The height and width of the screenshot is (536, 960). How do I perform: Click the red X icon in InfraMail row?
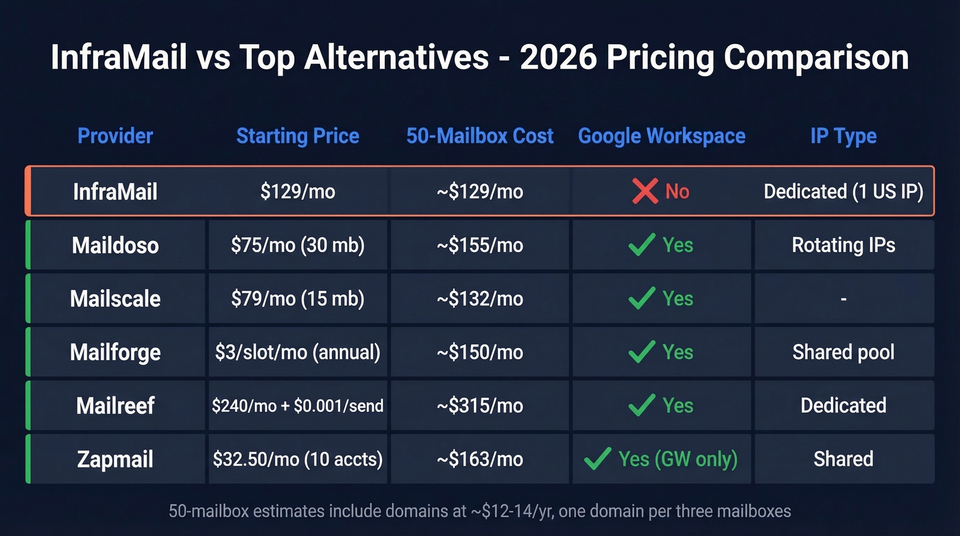click(645, 191)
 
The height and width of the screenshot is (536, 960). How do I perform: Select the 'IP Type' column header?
click(843, 136)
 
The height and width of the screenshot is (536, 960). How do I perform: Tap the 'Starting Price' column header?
click(298, 136)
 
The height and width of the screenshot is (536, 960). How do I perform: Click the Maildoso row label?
click(115, 245)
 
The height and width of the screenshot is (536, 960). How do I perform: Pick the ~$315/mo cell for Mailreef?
click(480, 406)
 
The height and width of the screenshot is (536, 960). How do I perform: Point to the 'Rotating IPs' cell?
click(843, 245)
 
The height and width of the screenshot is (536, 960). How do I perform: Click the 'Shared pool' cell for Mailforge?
click(843, 352)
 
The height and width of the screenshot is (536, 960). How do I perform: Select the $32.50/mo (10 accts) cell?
click(298, 459)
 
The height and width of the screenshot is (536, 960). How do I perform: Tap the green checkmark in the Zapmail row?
click(597, 459)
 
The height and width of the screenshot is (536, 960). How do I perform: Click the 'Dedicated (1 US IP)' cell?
click(843, 191)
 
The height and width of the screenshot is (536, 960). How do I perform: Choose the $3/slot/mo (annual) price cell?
click(298, 352)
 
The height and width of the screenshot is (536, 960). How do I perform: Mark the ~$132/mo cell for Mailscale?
click(480, 299)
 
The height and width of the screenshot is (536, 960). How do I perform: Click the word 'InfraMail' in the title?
click(119, 58)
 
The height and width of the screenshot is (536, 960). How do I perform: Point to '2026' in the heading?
click(557, 58)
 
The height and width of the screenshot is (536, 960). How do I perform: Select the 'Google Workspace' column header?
click(662, 136)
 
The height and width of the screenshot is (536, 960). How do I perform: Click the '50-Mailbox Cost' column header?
click(480, 136)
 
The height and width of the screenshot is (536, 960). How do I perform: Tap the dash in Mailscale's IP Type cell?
click(843, 299)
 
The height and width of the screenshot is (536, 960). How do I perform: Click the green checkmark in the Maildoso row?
click(642, 245)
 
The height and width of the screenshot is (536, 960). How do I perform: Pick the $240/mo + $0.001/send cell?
click(298, 406)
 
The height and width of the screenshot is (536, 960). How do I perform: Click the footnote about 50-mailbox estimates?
click(480, 511)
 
